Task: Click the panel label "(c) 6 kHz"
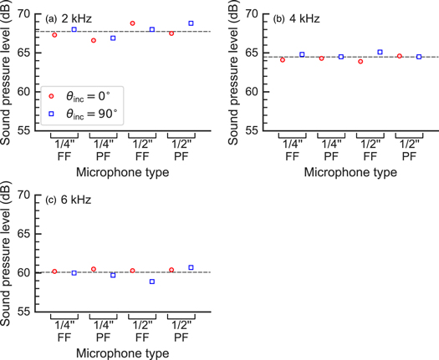(68, 200)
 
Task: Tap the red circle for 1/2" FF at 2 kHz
(132, 23)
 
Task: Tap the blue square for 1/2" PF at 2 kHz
(191, 23)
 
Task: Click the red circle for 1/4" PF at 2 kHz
(94, 40)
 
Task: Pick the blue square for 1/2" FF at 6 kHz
(151, 281)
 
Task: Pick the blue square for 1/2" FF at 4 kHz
(380, 52)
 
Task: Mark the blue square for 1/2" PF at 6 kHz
(191, 267)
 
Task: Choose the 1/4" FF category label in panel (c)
(64, 330)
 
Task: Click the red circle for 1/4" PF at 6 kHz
(94, 269)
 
